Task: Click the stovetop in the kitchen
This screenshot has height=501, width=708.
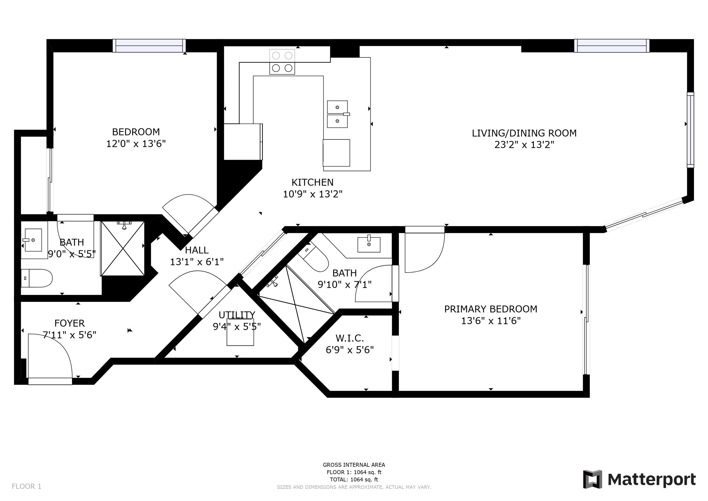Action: (282, 62)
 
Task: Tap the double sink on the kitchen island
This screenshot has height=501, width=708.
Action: (338, 114)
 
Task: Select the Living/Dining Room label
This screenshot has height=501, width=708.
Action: (524, 133)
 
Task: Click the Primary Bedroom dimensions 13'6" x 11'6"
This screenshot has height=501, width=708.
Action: (491, 321)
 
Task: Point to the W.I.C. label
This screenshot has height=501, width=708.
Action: (350, 338)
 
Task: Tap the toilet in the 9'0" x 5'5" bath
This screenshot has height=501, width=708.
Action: (37, 278)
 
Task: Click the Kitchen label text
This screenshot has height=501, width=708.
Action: (312, 183)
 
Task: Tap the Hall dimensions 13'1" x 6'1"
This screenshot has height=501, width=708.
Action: (197, 262)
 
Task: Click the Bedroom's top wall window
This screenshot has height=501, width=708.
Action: (149, 46)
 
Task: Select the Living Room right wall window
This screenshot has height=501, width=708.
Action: (690, 130)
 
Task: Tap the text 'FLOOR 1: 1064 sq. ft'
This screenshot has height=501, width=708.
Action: (354, 472)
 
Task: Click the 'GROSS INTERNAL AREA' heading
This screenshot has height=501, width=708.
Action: (354, 465)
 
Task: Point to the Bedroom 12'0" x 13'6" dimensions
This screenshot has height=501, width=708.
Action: (136, 144)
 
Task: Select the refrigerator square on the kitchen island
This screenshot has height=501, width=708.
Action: (336, 153)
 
